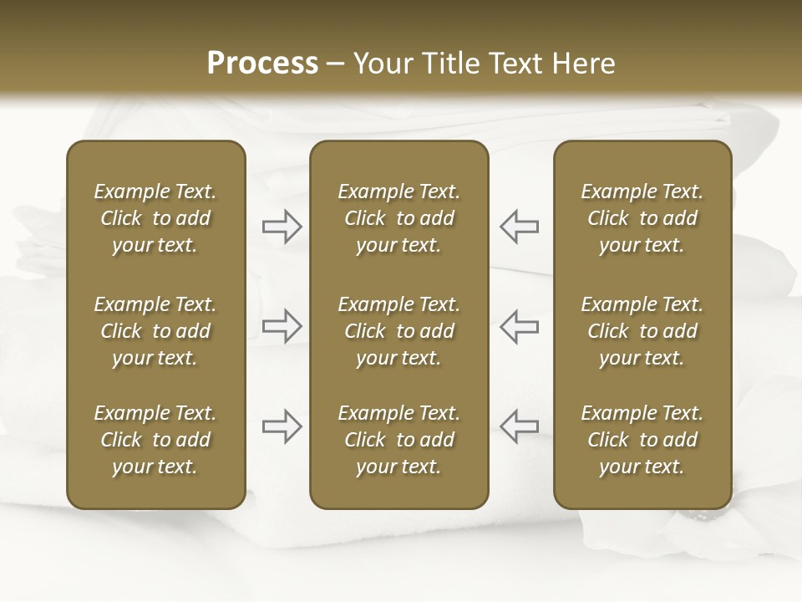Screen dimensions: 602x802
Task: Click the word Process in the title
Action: (262, 64)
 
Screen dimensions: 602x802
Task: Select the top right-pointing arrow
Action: (282, 227)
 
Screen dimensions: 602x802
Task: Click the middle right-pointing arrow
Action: (282, 325)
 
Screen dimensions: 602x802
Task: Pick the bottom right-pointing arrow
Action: (282, 426)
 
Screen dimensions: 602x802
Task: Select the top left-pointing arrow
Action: (519, 227)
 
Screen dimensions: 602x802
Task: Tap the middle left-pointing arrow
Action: (519, 325)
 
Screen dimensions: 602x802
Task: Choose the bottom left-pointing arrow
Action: (519, 426)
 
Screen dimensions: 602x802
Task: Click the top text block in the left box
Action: (155, 218)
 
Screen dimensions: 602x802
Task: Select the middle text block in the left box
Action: (155, 331)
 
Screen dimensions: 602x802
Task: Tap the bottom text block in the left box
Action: (155, 440)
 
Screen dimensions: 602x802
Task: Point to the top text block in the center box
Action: (398, 218)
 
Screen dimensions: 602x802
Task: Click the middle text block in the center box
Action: (398, 331)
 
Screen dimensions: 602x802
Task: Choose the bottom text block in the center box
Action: (398, 440)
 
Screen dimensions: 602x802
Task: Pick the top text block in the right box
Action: (642, 218)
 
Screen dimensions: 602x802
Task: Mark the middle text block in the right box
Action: (642, 331)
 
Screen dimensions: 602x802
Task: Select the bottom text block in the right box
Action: (642, 440)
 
